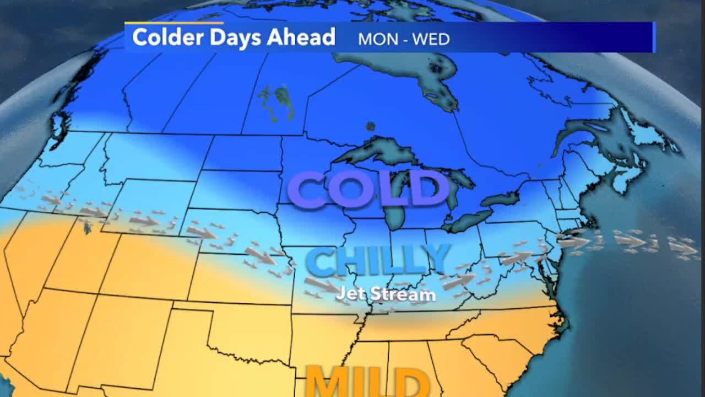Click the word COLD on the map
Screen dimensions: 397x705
click(368, 189)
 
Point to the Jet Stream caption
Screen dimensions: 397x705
click(386, 294)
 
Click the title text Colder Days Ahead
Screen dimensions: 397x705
click(234, 37)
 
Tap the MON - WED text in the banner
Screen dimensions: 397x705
click(404, 39)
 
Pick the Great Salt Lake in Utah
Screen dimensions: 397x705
click(86, 226)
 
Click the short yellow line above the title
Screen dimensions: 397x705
click(173, 23)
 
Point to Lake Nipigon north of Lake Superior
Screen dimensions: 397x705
click(371, 126)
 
